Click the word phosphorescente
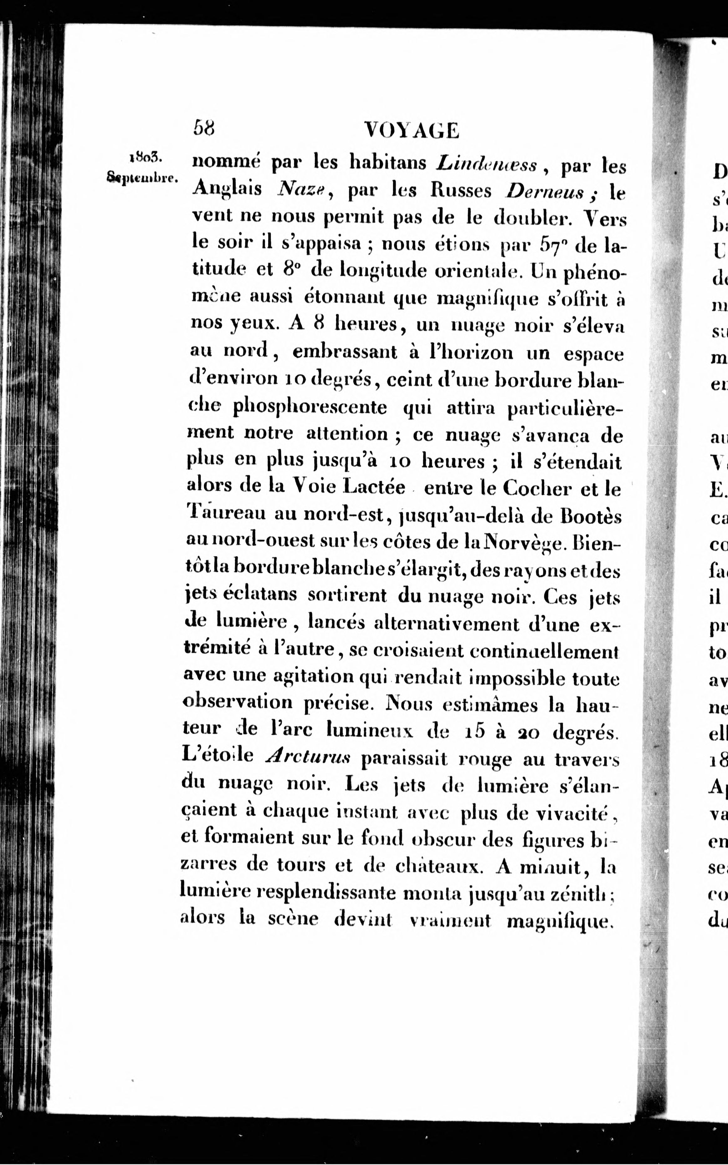click(x=310, y=408)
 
